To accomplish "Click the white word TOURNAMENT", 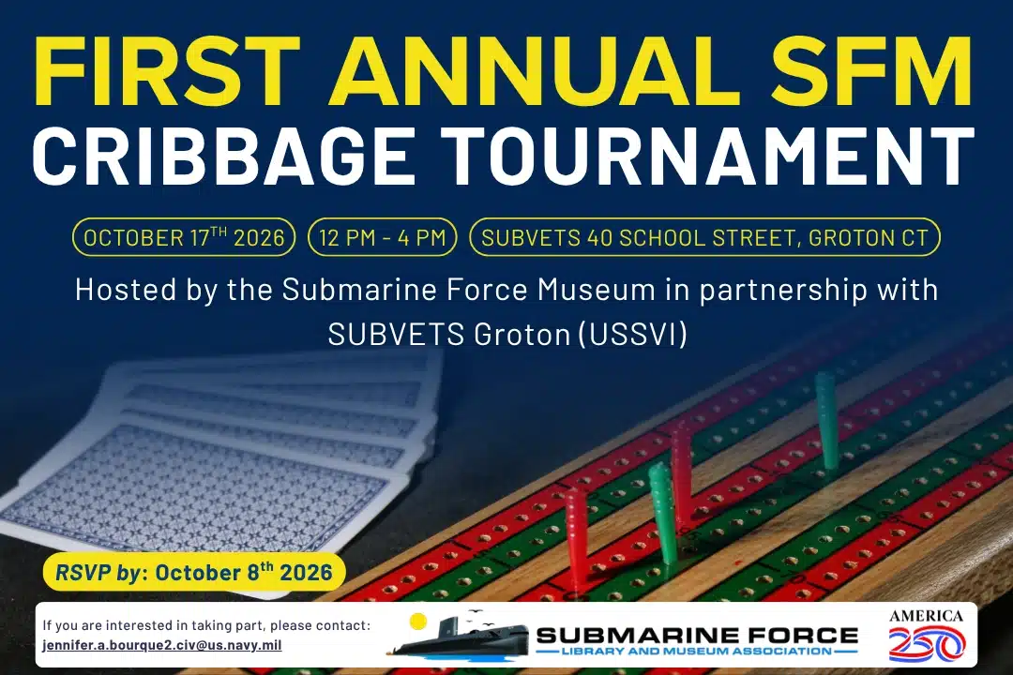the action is pyautogui.click(x=707, y=156).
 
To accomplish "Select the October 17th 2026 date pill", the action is pyautogui.click(x=184, y=237).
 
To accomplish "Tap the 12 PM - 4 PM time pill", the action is pyautogui.click(x=383, y=237).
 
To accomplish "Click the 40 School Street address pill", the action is pyautogui.click(x=704, y=237).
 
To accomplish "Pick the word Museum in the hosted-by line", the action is pyautogui.click(x=597, y=290).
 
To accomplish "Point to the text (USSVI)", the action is pyautogui.click(x=632, y=335).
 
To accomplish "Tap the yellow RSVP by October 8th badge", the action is pyautogui.click(x=194, y=572).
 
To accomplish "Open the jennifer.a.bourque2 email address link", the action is pyautogui.click(x=162, y=645).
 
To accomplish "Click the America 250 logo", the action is pyautogui.click(x=927, y=636).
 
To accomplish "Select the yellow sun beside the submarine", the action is pyautogui.click(x=418, y=622).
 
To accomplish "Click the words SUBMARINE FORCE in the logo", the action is pyautogui.click(x=697, y=636).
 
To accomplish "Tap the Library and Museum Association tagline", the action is pyautogui.click(x=696, y=652).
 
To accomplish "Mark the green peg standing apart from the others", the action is pyautogui.click(x=826, y=420).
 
